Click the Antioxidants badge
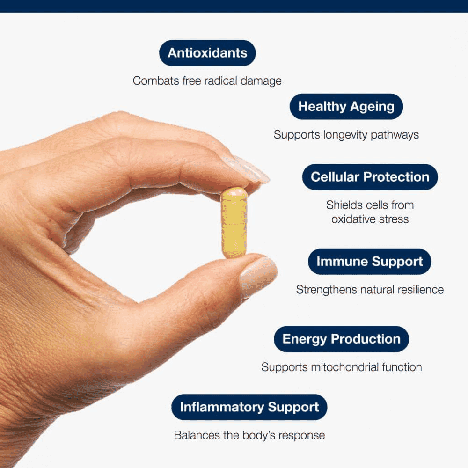(x=207, y=53)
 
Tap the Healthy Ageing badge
(x=346, y=106)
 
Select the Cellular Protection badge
(x=370, y=177)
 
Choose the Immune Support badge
(x=369, y=262)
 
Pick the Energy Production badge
(x=341, y=339)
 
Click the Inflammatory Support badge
(x=249, y=407)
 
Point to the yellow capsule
(x=234, y=222)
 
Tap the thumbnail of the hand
(x=256, y=276)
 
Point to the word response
(x=301, y=436)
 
